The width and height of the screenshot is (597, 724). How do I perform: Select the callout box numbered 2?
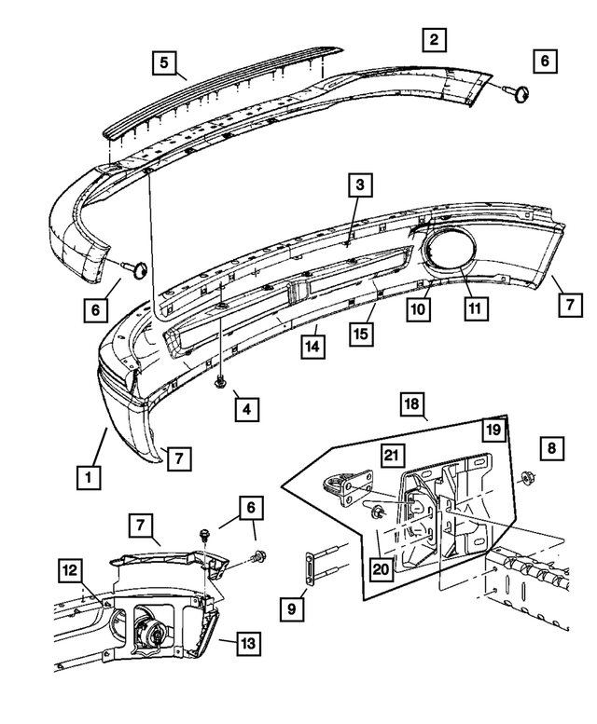click(x=433, y=40)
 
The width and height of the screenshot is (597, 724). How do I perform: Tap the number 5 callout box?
click(x=164, y=62)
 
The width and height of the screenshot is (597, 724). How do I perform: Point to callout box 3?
click(x=359, y=186)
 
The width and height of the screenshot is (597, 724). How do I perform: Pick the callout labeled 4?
click(x=247, y=407)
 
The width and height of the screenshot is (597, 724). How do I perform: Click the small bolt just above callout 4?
click(x=222, y=381)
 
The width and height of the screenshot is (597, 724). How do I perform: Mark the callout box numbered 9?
click(x=293, y=609)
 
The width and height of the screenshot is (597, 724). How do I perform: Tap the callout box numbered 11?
click(x=476, y=307)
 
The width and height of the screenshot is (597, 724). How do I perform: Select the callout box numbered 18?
click(x=412, y=403)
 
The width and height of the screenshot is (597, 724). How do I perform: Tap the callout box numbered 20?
click(x=381, y=567)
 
